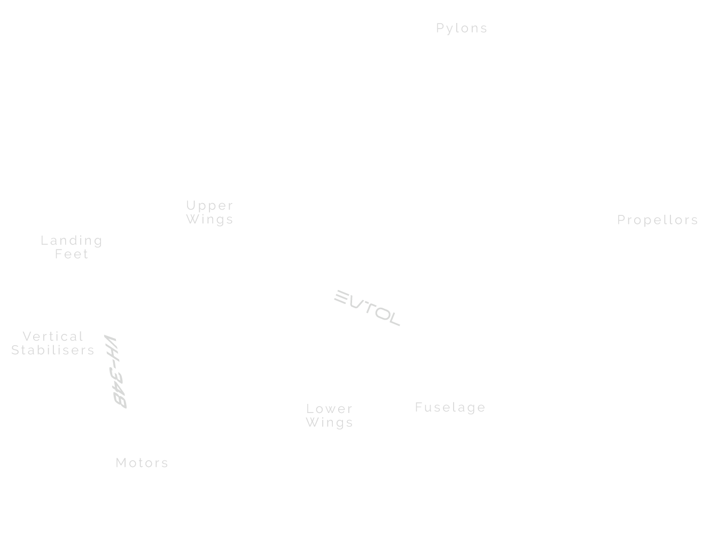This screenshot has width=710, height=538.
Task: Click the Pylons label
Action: pyautogui.click(x=462, y=28)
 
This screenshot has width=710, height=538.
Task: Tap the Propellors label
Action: pyautogui.click(x=658, y=220)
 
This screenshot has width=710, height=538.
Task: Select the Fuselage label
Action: pyautogui.click(x=450, y=408)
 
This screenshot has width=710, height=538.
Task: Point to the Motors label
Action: pyautogui.click(x=142, y=463)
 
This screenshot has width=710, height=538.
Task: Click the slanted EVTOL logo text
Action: pyautogui.click(x=367, y=308)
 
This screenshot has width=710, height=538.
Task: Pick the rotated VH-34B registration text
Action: pyautogui.click(x=115, y=372)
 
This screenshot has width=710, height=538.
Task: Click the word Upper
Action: pyautogui.click(x=210, y=206)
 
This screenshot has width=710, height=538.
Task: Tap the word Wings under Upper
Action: pyautogui.click(x=210, y=220)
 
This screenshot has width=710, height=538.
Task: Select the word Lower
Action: pyautogui.click(x=330, y=409)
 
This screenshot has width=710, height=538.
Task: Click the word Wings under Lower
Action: pyautogui.click(x=330, y=423)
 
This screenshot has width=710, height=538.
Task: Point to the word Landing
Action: pyautogui.click(x=72, y=241)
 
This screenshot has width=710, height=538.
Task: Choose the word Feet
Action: pyautogui.click(x=72, y=254)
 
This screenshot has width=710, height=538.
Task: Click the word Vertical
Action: pyautogui.click(x=53, y=337)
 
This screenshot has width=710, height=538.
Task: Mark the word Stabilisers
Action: pyautogui.click(x=53, y=350)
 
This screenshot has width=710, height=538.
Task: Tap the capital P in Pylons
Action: pyautogui.click(x=440, y=28)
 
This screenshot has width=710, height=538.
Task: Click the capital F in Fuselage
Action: pyautogui.click(x=419, y=408)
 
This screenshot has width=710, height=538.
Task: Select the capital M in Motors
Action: pyautogui.click(x=121, y=463)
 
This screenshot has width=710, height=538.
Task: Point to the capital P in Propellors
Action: pyautogui.click(x=621, y=220)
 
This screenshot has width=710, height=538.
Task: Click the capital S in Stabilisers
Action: pyautogui.click(x=15, y=350)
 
